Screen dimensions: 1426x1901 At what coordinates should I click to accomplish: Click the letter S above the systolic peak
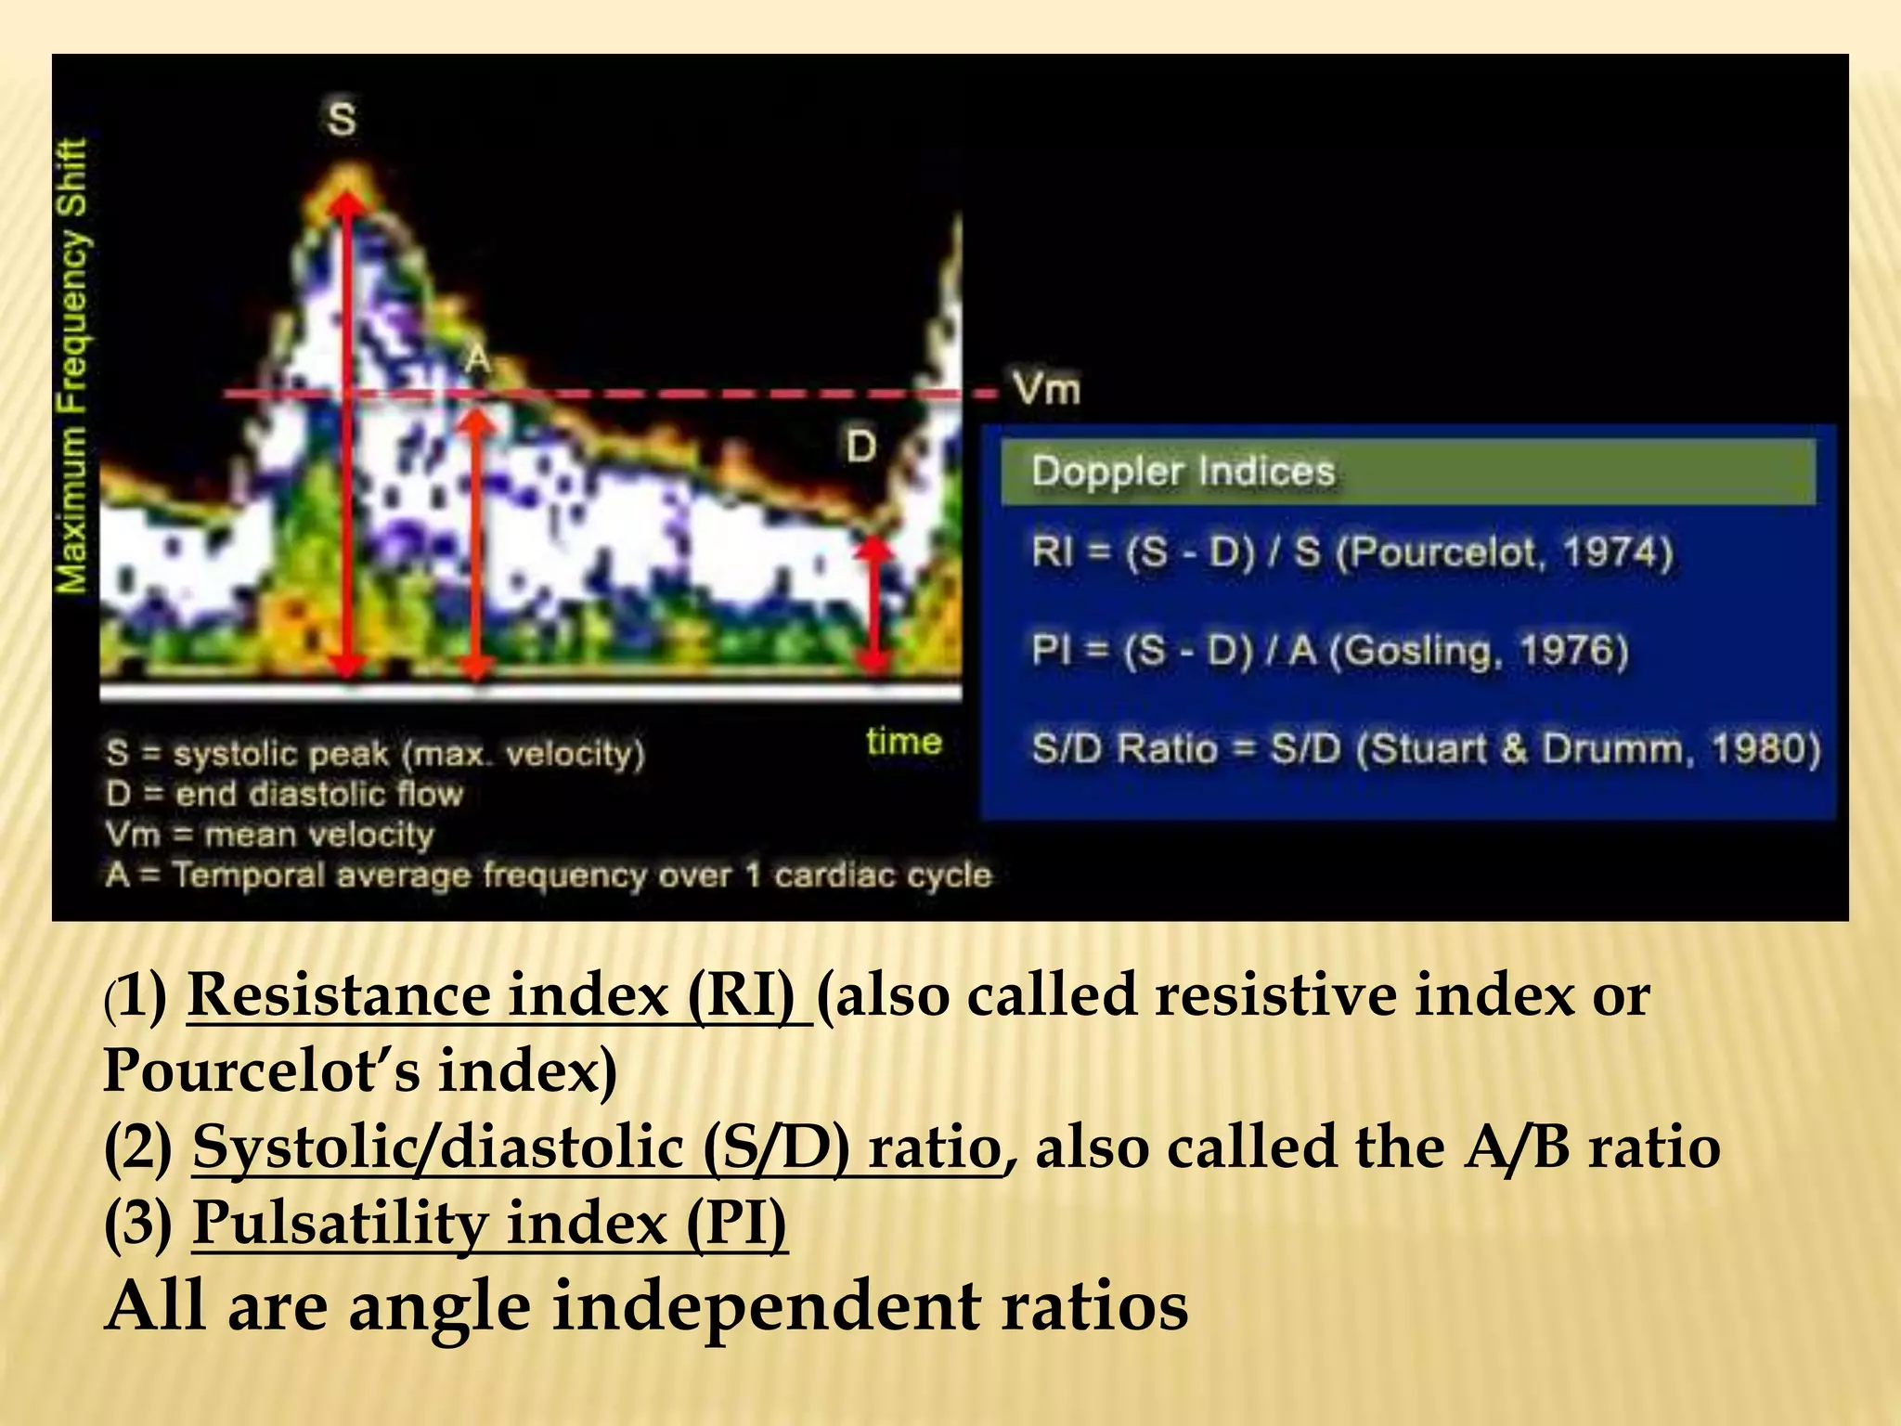point(342,120)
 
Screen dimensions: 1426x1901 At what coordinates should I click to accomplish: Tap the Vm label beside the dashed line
point(1046,388)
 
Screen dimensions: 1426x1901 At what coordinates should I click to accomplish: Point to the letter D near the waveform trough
point(860,447)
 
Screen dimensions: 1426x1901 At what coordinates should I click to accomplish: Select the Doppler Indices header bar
point(1407,472)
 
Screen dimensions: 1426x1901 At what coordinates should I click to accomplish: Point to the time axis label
point(903,742)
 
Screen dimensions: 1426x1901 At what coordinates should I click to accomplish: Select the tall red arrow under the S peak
point(347,436)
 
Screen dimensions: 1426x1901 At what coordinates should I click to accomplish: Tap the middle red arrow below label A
point(476,548)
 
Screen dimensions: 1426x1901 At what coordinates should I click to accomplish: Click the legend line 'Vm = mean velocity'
point(270,835)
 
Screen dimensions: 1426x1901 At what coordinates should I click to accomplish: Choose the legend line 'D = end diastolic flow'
point(284,794)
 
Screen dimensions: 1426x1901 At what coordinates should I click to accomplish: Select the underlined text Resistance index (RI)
point(498,996)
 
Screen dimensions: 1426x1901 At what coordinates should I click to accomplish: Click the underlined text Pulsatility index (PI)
point(489,1223)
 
